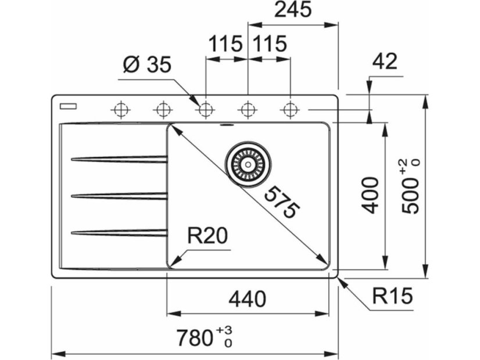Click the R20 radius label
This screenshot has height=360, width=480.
point(206,237)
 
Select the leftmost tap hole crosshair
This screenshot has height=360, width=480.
point(121,109)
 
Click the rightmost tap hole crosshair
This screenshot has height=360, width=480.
point(289,109)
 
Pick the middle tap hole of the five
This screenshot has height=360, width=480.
point(205,109)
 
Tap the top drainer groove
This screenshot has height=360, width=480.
point(119,159)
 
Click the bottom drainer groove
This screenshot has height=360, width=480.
point(119,233)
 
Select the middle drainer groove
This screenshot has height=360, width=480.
point(119,196)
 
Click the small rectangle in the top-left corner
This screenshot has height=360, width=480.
point(69,106)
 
